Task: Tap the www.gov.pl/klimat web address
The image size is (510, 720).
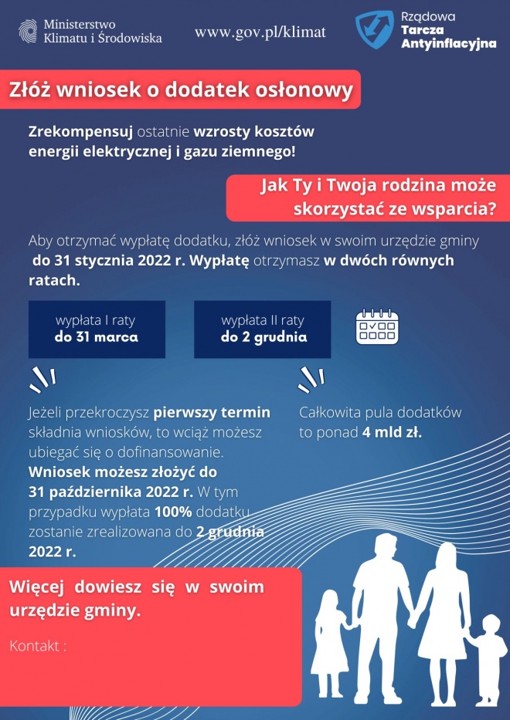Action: pos(260,32)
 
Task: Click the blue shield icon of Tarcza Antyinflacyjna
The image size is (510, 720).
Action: pos(374,29)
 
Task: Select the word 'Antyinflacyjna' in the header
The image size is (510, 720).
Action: pos(449,44)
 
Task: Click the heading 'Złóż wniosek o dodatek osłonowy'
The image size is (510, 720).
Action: pos(180,90)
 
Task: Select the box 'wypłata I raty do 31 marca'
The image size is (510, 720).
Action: pos(97,329)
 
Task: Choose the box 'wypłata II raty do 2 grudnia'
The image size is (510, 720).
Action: pos(262,329)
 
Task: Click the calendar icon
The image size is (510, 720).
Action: pos(377,326)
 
